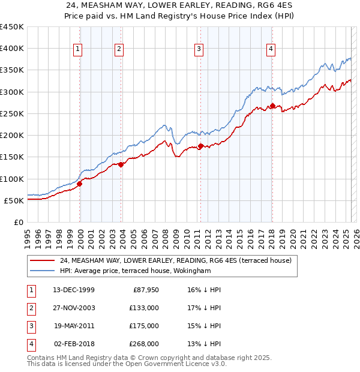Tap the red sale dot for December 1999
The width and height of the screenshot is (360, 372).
coord(79,184)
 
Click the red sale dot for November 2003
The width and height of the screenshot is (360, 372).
coord(121,164)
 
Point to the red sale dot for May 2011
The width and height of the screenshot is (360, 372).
coord(200,146)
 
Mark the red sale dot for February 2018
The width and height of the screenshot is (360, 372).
coord(272,106)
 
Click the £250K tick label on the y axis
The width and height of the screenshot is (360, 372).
coord(12,113)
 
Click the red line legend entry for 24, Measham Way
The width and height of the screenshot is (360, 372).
coord(175,260)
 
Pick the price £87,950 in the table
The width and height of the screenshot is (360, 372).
coord(145,290)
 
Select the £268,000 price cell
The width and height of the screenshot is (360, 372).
coord(145,344)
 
